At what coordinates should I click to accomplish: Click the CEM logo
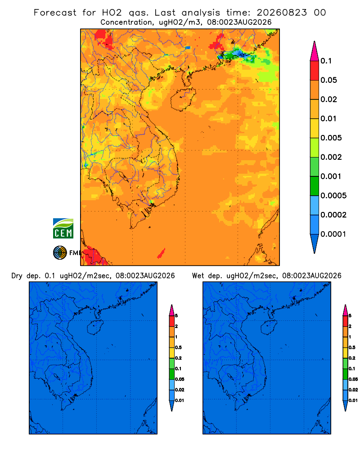tap(63, 228)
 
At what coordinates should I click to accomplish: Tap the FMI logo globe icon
tap(60, 253)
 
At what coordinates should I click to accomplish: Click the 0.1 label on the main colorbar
tap(326, 61)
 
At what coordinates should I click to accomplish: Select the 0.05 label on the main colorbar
tap(328, 80)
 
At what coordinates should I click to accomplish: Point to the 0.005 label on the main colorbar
tap(331, 138)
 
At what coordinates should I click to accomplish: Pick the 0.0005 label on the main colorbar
tap(333, 195)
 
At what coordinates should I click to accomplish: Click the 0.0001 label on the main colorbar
tap(333, 234)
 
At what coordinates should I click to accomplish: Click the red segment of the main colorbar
tap(315, 71)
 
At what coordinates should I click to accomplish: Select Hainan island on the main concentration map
tap(183, 99)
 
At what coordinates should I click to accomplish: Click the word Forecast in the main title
tap(55, 13)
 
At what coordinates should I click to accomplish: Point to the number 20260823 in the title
tap(282, 13)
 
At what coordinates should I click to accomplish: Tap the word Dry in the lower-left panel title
tap(17, 276)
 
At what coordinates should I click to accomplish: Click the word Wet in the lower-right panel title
tap(198, 276)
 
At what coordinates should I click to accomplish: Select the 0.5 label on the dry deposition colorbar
tap(178, 347)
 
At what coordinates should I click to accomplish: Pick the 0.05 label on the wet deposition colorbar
tap(353, 379)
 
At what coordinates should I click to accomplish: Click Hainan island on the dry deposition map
tap(95, 327)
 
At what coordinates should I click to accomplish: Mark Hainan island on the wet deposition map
tap(269, 327)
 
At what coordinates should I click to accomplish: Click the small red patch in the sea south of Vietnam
tap(162, 253)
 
